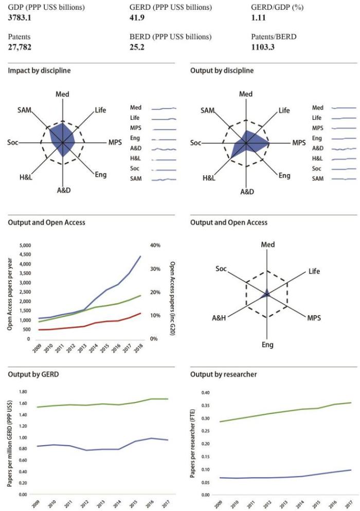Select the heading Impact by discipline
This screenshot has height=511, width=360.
[x=40, y=70]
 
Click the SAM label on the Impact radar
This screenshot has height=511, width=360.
[x=24, y=111]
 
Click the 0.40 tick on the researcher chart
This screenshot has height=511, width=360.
[x=206, y=392]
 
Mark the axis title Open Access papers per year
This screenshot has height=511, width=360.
[x=11, y=291]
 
